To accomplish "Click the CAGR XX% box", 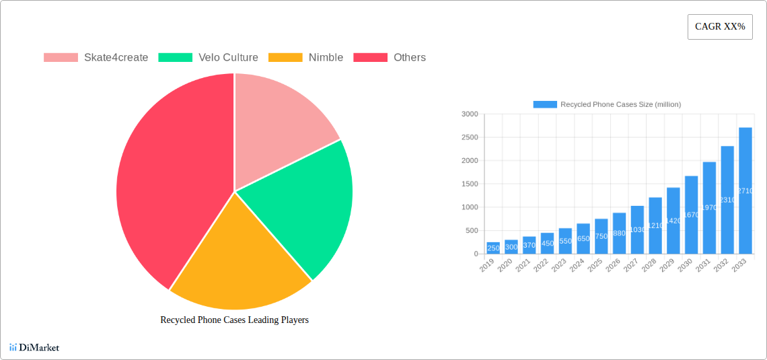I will tap(720, 27).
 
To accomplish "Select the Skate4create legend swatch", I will tap(61, 58).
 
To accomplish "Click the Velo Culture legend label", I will tap(228, 58).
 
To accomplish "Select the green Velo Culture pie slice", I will tap(303, 202).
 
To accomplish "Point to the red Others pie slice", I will tap(168, 182).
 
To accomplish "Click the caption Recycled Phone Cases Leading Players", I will tap(234, 320).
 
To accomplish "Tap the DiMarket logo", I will tap(34, 348).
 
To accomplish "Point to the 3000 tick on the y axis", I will tap(470, 114).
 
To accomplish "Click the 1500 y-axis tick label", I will tap(470, 184).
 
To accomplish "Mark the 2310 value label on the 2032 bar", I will tap(727, 200).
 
